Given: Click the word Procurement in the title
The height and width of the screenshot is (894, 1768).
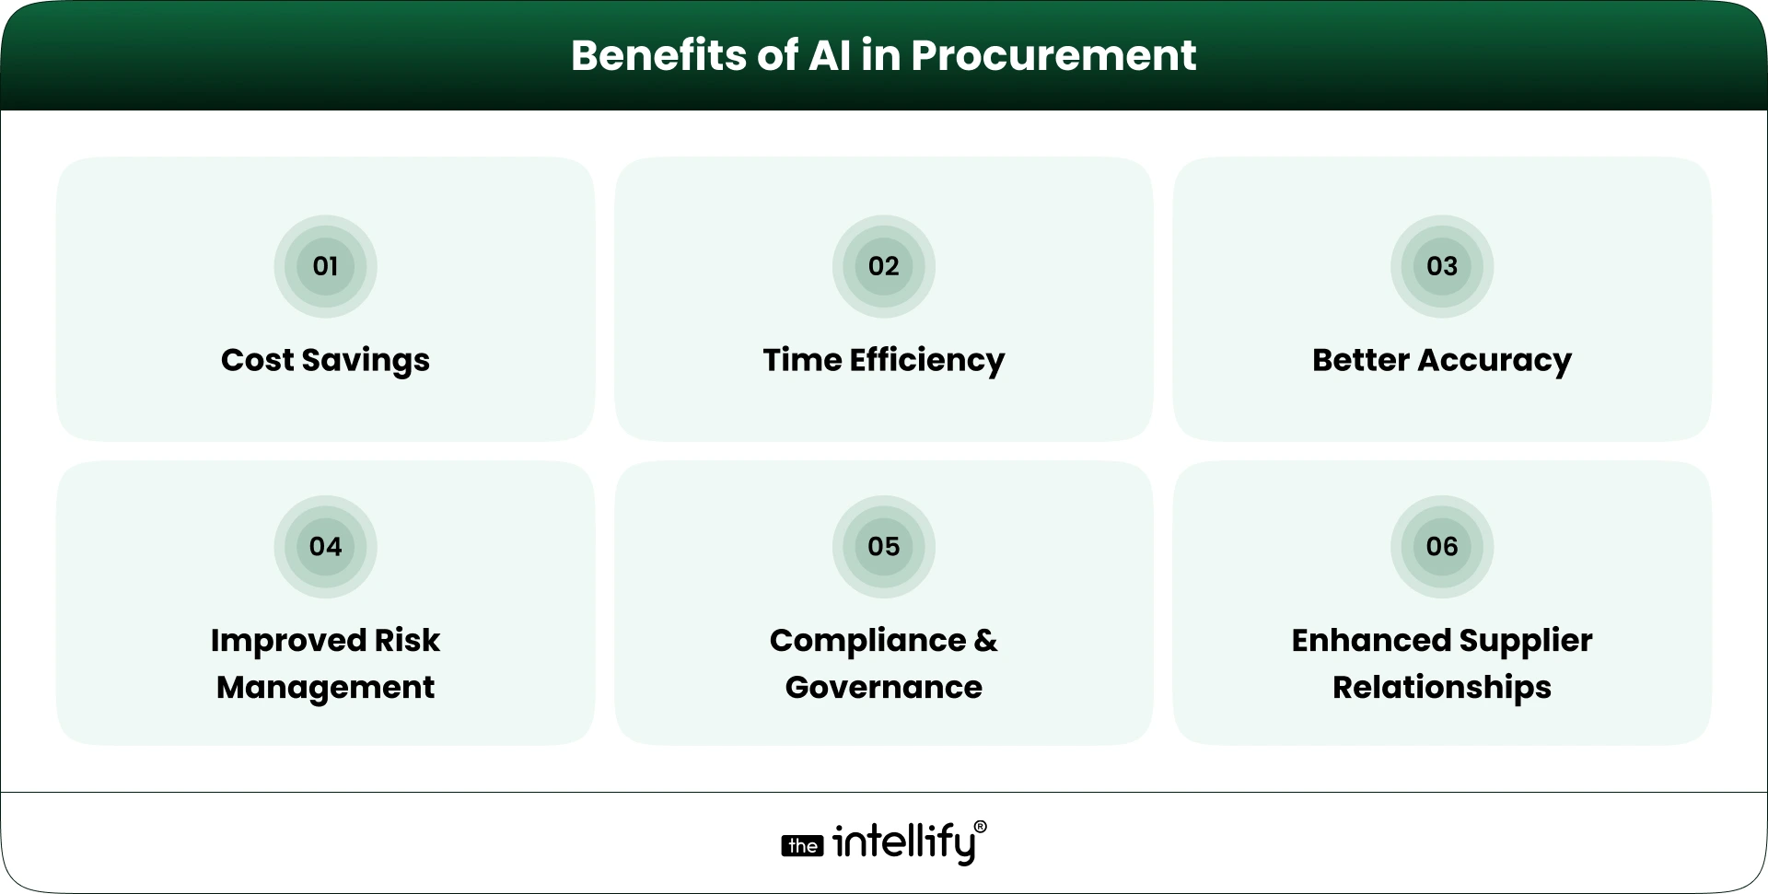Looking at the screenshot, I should pyautogui.click(x=1053, y=56).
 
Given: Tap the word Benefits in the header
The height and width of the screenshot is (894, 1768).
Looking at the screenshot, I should pyautogui.click(x=658, y=55).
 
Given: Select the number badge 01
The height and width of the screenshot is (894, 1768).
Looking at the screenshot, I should pyautogui.click(x=325, y=266).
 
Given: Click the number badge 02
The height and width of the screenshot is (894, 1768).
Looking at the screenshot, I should pyautogui.click(x=883, y=266).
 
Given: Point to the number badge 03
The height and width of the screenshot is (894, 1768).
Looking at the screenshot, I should pyautogui.click(x=1441, y=266).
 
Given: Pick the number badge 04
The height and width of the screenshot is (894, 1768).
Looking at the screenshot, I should pyautogui.click(x=325, y=546).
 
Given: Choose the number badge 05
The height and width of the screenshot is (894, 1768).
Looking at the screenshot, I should pyautogui.click(x=883, y=546).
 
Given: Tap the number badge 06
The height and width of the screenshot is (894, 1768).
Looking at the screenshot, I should pyautogui.click(x=1441, y=546).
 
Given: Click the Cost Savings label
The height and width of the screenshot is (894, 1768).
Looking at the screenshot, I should pyautogui.click(x=325, y=360).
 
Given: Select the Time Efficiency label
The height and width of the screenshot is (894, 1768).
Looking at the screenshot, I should pyautogui.click(x=883, y=360).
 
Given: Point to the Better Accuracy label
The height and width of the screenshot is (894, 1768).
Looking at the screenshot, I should pyautogui.click(x=1441, y=360).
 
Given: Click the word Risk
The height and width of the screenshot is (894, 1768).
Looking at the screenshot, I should pyautogui.click(x=407, y=640).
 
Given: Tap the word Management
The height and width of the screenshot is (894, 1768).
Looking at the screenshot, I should pyautogui.click(x=325, y=688).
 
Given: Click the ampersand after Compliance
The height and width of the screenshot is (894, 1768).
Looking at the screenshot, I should pyautogui.click(x=985, y=640).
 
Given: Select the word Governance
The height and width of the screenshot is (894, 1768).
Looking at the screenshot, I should pyautogui.click(x=883, y=688).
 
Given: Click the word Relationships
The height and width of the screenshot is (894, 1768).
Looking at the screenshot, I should pyautogui.click(x=1441, y=688).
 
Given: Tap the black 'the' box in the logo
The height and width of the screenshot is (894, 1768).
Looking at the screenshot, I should pyautogui.click(x=802, y=846).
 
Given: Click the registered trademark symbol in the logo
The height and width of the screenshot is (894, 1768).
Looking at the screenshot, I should pyautogui.click(x=980, y=827).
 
